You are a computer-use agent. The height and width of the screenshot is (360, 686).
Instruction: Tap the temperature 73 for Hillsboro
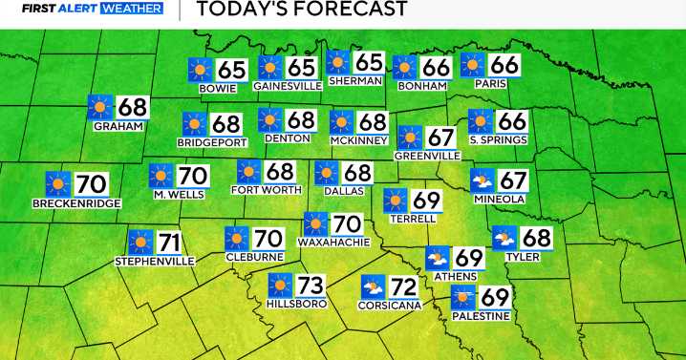(x=311, y=285)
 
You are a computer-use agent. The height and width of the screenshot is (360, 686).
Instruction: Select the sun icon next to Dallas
(x=327, y=172)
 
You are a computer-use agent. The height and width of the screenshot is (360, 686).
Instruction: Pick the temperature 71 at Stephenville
(x=169, y=242)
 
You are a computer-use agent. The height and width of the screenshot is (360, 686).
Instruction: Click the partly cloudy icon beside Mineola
(x=483, y=180)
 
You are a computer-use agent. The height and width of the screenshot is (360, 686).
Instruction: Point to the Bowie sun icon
(x=200, y=69)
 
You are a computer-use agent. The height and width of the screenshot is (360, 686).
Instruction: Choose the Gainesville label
(x=286, y=85)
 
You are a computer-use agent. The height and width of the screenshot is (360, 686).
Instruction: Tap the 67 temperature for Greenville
(x=440, y=138)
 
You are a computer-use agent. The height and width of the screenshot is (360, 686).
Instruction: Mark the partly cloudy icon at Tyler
(x=504, y=238)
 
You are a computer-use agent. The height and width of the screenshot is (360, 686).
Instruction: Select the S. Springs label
(x=499, y=140)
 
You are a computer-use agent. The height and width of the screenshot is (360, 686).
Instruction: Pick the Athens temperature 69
(x=468, y=258)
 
